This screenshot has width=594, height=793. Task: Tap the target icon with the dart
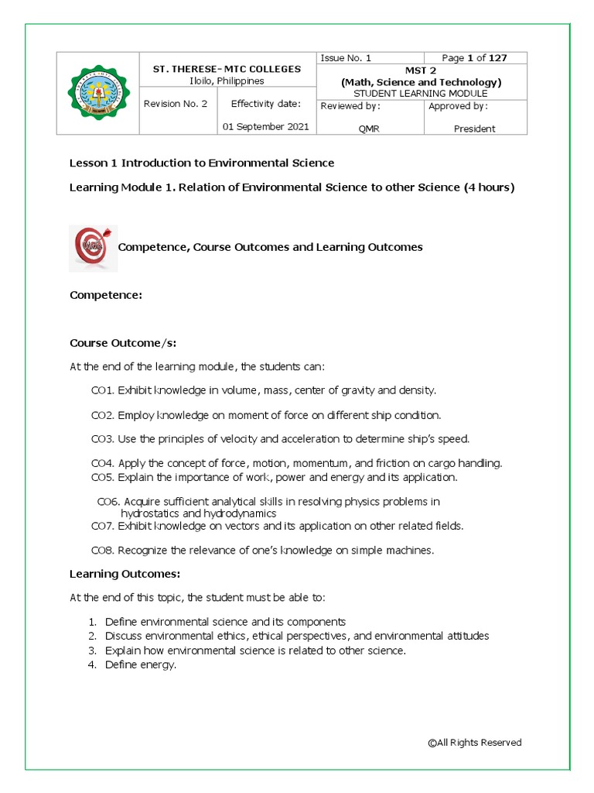tap(93, 248)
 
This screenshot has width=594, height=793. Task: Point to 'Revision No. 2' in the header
tap(176, 104)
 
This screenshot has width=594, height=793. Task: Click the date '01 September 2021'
tap(265, 126)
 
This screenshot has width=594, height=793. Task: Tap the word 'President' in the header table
tap(474, 129)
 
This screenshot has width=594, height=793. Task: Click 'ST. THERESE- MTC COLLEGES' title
tap(227, 69)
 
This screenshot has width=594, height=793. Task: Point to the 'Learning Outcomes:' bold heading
tap(125, 574)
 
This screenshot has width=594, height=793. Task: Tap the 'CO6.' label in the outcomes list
tap(108, 502)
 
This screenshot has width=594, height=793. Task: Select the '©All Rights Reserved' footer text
tap(474, 743)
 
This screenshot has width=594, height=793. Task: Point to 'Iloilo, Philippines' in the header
tap(227, 81)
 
